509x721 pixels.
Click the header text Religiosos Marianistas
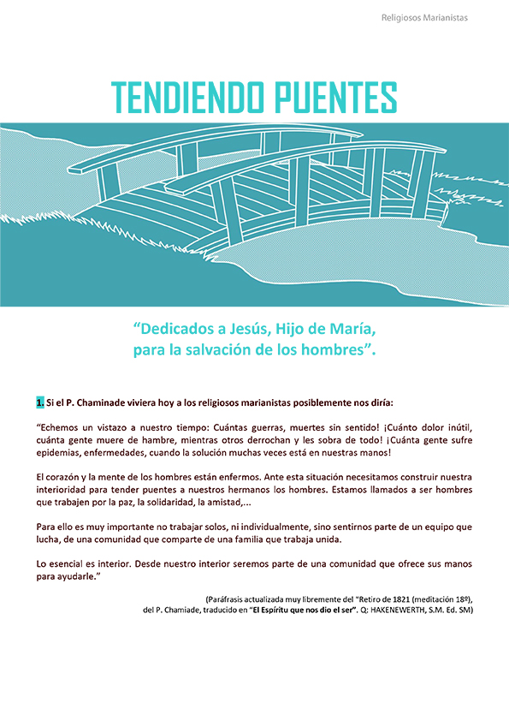[436, 17]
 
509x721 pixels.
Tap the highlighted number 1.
[39, 402]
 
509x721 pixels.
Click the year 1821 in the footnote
[370, 599]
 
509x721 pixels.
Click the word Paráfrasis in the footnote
[227, 599]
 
